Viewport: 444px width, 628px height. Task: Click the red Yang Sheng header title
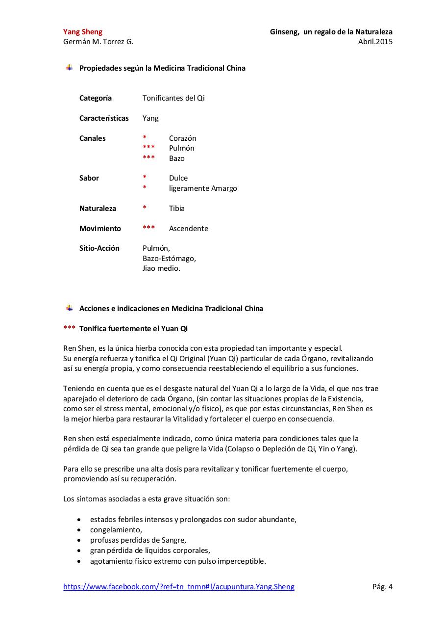pyautogui.click(x=83, y=32)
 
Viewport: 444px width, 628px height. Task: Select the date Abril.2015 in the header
pyautogui.click(x=375, y=42)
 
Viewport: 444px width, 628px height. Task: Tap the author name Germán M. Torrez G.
pyautogui.click(x=98, y=42)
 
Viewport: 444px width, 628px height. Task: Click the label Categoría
pyautogui.click(x=96, y=98)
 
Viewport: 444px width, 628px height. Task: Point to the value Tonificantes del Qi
pyautogui.click(x=173, y=98)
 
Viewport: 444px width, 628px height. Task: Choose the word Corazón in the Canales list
pyautogui.click(x=182, y=138)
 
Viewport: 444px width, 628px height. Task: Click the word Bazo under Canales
pyautogui.click(x=177, y=158)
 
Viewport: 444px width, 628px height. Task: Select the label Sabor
pyautogui.click(x=89, y=178)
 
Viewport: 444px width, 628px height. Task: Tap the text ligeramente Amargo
pyautogui.click(x=203, y=188)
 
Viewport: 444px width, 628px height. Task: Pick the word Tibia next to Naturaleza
pyautogui.click(x=177, y=209)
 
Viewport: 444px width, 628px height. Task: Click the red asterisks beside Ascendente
pyautogui.click(x=148, y=228)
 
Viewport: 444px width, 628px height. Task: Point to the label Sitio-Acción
pyautogui.click(x=99, y=248)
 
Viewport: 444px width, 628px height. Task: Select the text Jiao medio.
pyautogui.click(x=161, y=268)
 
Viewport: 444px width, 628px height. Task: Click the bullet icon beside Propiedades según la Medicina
pyautogui.click(x=69, y=68)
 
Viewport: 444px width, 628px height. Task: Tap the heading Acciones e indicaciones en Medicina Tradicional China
pyautogui.click(x=171, y=309)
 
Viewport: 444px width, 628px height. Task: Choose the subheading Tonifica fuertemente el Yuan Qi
pyautogui.click(x=133, y=329)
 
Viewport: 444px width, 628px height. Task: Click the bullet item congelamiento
pyautogui.click(x=116, y=530)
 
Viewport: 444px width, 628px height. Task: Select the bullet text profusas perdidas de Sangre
pyautogui.click(x=138, y=540)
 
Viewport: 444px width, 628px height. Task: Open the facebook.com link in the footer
pyautogui.click(x=179, y=587)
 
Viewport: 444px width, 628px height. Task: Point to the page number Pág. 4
pyautogui.click(x=382, y=587)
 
